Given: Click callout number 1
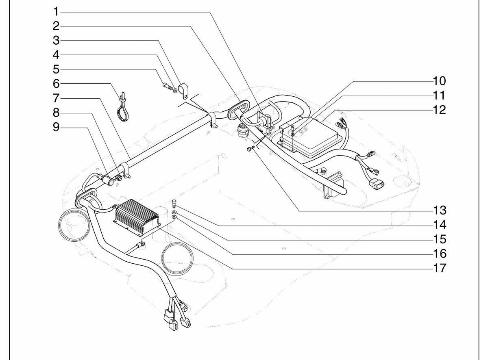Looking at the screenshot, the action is (x=56, y=12).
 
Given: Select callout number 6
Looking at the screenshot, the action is (x=56, y=84).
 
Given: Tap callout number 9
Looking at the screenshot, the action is (x=56, y=127).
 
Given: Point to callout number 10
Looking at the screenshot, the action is (x=439, y=81).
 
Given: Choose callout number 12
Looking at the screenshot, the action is (x=439, y=110).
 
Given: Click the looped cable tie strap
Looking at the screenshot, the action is (x=122, y=107).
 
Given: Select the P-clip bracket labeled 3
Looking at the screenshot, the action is (x=183, y=91).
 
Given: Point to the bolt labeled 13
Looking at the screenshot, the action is (x=251, y=148).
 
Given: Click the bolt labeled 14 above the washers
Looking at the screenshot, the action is (x=174, y=203).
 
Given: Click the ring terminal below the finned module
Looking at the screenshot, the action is (x=141, y=244).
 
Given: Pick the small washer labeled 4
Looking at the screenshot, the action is (x=175, y=90).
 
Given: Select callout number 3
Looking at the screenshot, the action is (x=56, y=41).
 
